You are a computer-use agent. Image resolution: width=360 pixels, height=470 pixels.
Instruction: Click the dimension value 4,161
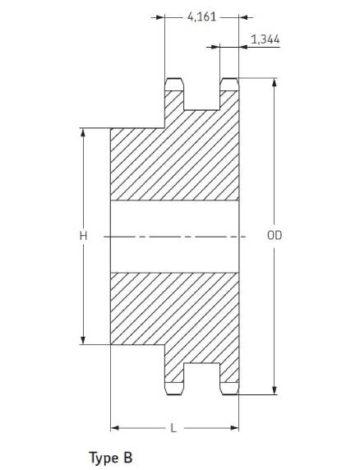pos(201,16)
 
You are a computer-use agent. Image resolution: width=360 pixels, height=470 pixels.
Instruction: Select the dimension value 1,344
pos(265,39)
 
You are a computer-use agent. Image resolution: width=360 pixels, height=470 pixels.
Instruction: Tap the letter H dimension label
pos(83,236)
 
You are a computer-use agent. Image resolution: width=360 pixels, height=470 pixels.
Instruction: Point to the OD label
pos(275,235)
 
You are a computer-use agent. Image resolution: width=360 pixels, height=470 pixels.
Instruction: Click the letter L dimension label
pos(173,428)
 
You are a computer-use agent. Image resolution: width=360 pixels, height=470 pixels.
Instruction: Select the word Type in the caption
pos(103,458)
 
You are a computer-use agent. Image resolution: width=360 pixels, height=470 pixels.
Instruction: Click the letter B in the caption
pos(127,458)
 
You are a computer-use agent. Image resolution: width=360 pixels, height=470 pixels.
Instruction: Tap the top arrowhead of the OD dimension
pos(275,83)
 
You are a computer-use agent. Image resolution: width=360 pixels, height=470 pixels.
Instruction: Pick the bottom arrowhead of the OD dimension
pos(275,390)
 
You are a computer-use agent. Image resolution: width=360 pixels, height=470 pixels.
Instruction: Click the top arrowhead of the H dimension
pos(83,133)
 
